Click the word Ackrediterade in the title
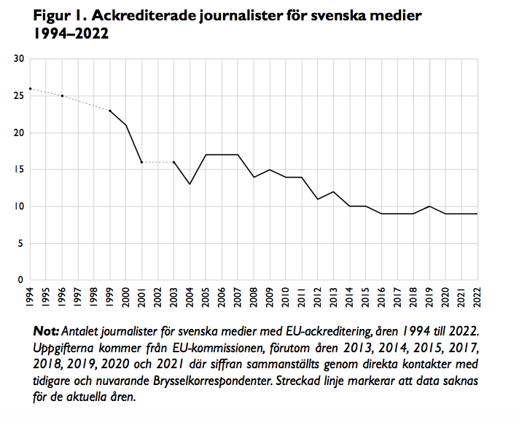click(136, 16)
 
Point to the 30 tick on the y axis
click(19, 59)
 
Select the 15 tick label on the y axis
click(19, 170)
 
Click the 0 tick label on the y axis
click(21, 279)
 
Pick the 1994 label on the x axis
click(30, 296)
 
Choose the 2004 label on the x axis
click(190, 296)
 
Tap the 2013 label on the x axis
click(334, 296)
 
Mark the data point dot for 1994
click(30, 89)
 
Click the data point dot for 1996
click(62, 96)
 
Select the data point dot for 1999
click(110, 111)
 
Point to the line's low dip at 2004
click(190, 184)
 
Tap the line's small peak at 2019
click(430, 206)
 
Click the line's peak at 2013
click(334, 191)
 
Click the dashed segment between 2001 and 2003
click(157, 162)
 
